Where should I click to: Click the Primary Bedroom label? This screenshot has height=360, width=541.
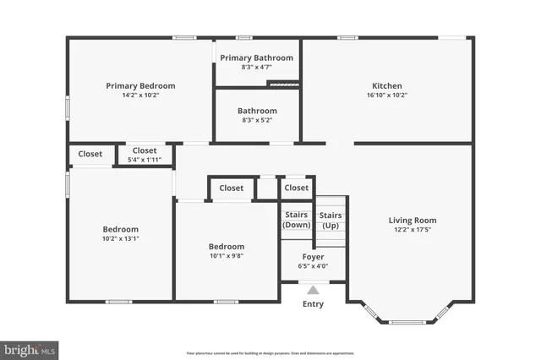pyautogui.click(x=140, y=85)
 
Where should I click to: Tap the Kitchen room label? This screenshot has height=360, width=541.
pyautogui.click(x=387, y=85)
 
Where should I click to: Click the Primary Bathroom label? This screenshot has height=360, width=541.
pyautogui.click(x=256, y=57)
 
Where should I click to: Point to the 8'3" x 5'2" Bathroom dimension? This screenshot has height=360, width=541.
pyautogui.click(x=256, y=120)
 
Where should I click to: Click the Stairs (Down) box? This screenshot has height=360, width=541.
pyautogui.click(x=296, y=221)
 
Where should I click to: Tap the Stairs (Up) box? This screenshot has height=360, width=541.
pyautogui.click(x=331, y=221)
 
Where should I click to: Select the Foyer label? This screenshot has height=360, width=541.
pyautogui.click(x=313, y=256)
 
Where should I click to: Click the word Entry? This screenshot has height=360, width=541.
pyautogui.click(x=313, y=304)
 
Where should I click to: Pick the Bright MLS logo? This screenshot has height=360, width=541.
pyautogui.click(x=30, y=349)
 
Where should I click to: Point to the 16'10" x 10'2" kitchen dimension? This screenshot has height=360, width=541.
pyautogui.click(x=387, y=95)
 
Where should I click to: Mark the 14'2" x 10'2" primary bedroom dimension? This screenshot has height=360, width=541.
pyautogui.click(x=140, y=95)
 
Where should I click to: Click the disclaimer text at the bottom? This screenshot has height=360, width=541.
pyautogui.click(x=270, y=352)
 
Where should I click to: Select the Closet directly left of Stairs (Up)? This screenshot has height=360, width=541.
pyautogui.click(x=296, y=188)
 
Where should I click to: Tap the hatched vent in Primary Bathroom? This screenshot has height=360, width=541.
pyautogui.click(x=283, y=83)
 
